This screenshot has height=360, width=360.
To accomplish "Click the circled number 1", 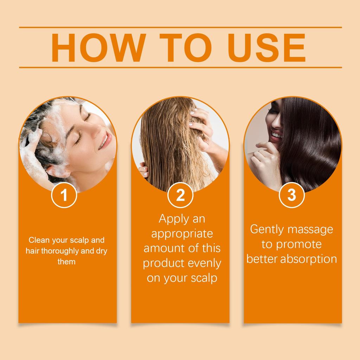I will point(64,195).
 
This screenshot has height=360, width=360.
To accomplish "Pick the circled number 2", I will point(180,195).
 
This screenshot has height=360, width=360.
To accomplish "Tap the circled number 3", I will point(291,195).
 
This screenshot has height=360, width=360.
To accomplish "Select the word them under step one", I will point(66,262).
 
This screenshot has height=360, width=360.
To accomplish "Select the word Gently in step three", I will point(267,230).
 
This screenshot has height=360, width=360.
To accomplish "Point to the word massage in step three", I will point(310,230).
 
